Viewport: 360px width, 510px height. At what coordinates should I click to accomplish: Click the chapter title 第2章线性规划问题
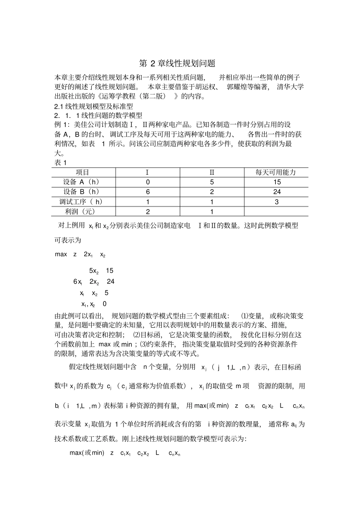pos(177,63)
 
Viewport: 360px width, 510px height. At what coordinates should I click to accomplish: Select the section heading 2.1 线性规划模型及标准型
pos(94,106)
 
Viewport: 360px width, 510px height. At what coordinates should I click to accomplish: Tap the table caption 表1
pos(61,163)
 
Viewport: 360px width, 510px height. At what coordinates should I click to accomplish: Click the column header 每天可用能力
pos(276,172)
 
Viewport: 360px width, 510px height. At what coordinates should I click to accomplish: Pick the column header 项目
pos(83,172)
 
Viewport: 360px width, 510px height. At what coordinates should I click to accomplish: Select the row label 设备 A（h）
pos(81,182)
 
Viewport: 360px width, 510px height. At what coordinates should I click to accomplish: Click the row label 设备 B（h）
pos(81,192)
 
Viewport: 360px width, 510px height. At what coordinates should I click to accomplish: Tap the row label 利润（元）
pos(80,212)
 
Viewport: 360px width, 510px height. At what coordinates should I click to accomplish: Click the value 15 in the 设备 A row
pos(277,182)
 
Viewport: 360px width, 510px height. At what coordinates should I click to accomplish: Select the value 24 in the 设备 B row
pos(277,192)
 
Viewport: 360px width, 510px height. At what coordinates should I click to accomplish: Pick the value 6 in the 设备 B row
pos(148,192)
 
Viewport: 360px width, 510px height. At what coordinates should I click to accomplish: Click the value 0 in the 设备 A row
pos(148,182)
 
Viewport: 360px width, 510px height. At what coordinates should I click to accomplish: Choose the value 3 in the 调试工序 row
pos(277,202)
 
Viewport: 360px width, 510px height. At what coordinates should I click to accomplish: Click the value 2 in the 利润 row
pos(148,212)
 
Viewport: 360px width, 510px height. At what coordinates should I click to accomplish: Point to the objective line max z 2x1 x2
pos(80,254)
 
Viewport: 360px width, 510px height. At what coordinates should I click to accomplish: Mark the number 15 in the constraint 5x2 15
pos(110,271)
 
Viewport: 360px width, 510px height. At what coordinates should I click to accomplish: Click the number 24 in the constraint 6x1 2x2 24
pos(110,282)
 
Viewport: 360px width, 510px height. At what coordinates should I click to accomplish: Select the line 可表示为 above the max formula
pos(68,240)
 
